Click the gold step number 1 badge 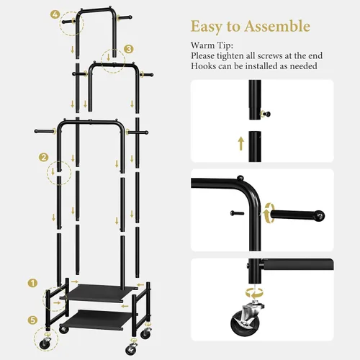point(32,283)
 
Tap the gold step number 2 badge point(43,158)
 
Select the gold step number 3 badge point(129,49)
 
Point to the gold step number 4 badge point(55,15)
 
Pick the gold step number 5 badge point(32,320)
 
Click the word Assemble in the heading point(277,26)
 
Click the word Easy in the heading point(207,27)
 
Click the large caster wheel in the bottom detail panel point(243,323)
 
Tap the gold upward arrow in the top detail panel point(241,144)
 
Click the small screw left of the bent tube point(237,213)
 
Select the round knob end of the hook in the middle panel point(320,215)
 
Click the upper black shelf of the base point(98,292)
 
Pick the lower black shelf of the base point(96,318)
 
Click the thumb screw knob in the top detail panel point(266,114)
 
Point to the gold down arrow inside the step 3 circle point(109,58)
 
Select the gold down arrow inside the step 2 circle point(53,171)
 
